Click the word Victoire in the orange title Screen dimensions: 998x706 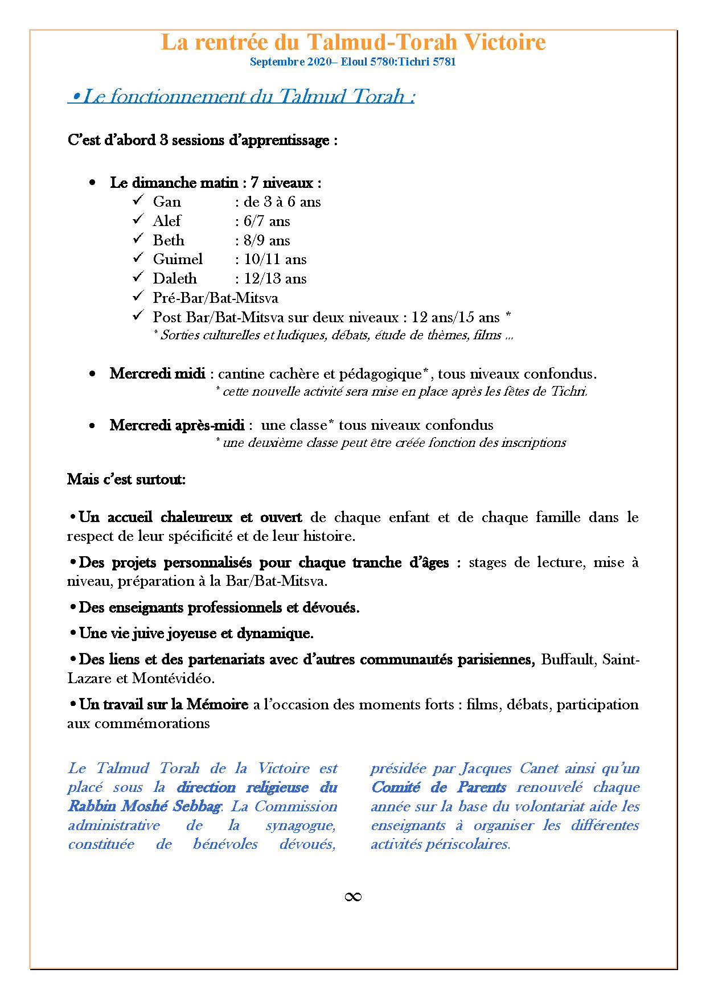click(504, 42)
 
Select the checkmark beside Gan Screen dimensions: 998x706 click(138, 200)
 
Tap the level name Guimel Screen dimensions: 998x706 click(178, 260)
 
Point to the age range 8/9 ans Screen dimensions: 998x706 click(266, 240)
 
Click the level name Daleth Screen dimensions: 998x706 click(174, 279)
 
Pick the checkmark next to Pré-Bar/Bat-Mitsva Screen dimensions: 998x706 click(138, 297)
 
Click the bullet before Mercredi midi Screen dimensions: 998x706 click(92, 374)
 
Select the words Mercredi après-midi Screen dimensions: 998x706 click(177, 425)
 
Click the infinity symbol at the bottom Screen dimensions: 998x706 click(353, 897)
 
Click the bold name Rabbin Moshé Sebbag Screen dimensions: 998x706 click(145, 806)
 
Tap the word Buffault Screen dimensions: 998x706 click(567, 660)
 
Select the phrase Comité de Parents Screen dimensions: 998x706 click(438, 787)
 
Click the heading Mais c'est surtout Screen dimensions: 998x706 click(126, 479)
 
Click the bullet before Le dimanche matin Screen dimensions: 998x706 click(92, 183)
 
